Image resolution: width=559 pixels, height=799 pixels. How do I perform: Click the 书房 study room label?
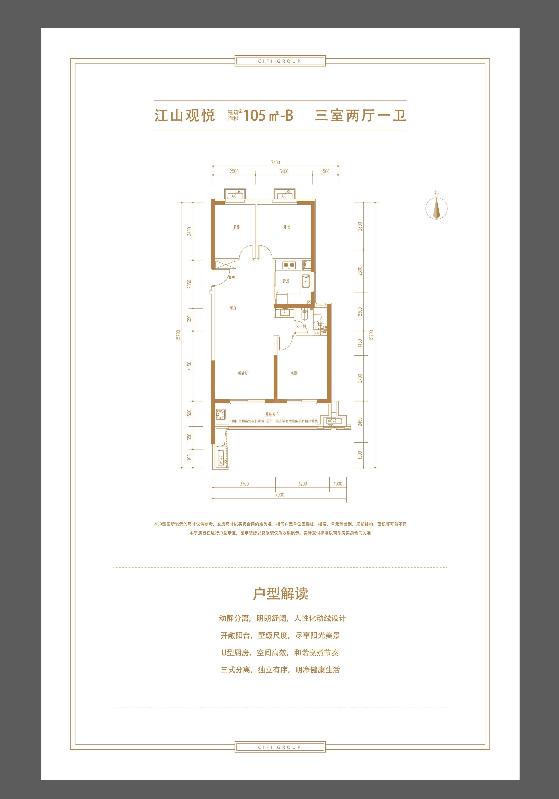236,227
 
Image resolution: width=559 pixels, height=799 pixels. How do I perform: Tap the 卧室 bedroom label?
287,227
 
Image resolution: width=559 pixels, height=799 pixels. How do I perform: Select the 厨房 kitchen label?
286,281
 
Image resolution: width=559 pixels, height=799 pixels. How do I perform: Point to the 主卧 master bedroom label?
294,373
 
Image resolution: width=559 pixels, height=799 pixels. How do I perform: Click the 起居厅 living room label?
243,373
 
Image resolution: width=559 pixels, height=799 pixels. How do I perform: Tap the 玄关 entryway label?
232,277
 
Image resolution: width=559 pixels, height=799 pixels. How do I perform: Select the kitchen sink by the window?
306,281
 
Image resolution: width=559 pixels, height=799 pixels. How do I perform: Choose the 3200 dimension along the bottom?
303,484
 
